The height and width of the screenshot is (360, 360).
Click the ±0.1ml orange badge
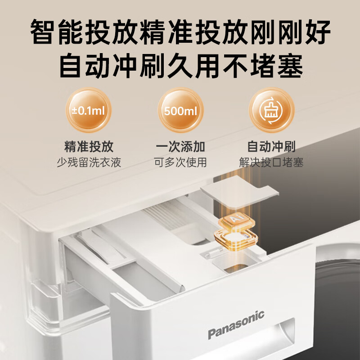(x=88, y=110)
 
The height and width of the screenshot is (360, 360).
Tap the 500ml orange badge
(x=181, y=110)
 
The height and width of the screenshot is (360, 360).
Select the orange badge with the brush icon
(x=271, y=110)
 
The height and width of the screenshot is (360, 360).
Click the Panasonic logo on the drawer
(x=236, y=324)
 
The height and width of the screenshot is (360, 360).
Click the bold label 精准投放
(x=89, y=147)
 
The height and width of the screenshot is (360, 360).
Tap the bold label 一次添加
(x=180, y=147)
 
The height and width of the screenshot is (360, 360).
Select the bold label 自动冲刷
(x=271, y=147)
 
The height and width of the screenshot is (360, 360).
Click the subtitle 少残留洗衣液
(x=89, y=162)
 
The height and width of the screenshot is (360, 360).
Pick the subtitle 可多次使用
(x=180, y=162)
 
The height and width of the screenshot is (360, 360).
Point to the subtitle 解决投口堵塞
(x=271, y=162)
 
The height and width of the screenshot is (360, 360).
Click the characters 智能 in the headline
(x=57, y=32)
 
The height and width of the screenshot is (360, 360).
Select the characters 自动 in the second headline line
(x=85, y=66)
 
